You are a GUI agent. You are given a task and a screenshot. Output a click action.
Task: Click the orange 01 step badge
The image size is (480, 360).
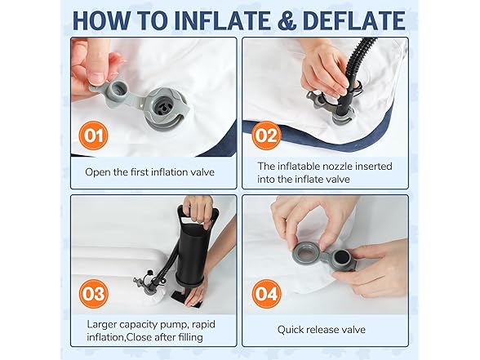[95, 135]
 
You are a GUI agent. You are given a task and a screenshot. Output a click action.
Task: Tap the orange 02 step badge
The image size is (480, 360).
[266, 135]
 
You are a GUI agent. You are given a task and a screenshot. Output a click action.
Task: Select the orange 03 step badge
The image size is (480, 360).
[95, 291]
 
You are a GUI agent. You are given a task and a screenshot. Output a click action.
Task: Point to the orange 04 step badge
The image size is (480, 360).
[265, 291]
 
